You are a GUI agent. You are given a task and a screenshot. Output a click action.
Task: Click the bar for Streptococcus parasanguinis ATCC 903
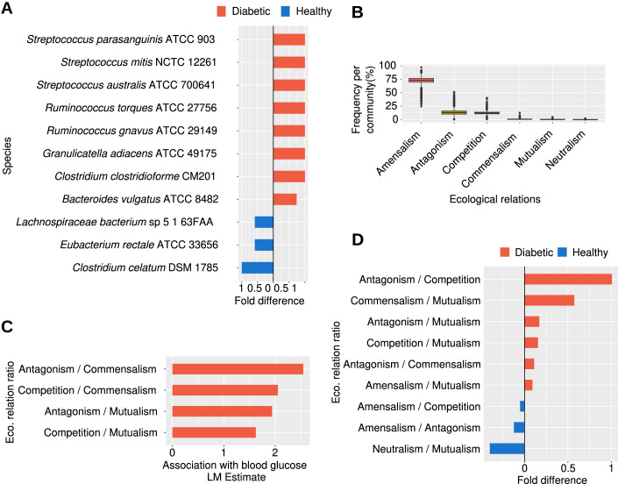[x=289, y=39]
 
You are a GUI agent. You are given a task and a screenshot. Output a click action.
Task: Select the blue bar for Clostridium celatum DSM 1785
[x=258, y=267]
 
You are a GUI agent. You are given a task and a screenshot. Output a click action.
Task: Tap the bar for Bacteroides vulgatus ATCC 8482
[x=285, y=199]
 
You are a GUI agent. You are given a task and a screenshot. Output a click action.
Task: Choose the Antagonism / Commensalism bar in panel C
[x=238, y=369]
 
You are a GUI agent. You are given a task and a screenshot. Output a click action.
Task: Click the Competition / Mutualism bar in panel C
[x=214, y=431]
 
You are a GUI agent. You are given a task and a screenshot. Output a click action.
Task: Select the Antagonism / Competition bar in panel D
[x=567, y=279]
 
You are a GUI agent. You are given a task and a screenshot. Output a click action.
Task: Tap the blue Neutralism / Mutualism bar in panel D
[x=507, y=448]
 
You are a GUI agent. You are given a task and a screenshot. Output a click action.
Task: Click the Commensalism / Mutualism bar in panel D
[x=549, y=300]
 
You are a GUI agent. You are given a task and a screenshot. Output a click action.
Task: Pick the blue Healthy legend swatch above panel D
[x=563, y=253]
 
